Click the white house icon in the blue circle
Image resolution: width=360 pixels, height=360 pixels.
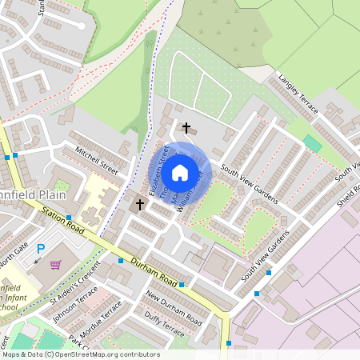tap(180, 172)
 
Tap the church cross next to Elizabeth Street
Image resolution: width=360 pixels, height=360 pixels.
tap(140, 205)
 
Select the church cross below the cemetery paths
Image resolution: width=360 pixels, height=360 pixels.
tap(187, 128)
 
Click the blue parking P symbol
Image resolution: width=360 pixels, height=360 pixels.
tap(41, 250)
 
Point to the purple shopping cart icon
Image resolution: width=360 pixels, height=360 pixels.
tap(55, 265)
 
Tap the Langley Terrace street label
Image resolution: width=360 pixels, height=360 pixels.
tap(298, 93)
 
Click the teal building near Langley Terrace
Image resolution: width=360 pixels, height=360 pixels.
tap(311, 143)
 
